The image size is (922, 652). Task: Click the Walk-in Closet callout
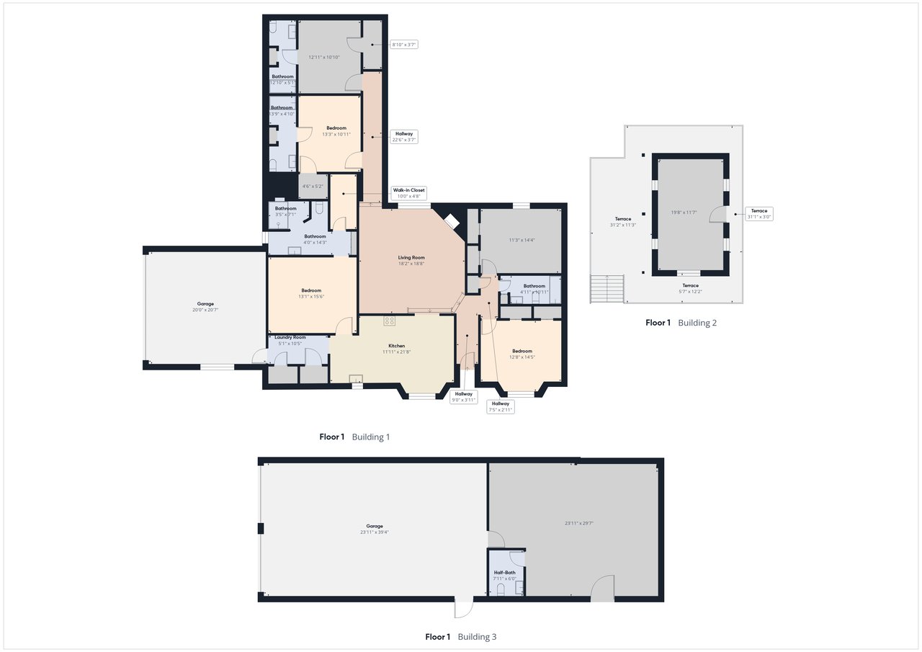[x=408, y=193]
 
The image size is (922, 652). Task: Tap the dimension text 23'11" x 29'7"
[x=579, y=524]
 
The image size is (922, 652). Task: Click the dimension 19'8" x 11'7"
[x=684, y=213]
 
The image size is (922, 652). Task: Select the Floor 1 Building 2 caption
[x=681, y=323]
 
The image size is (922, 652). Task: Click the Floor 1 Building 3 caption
[x=460, y=637]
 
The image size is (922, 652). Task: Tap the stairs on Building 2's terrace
[x=606, y=289]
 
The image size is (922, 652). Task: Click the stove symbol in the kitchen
[x=389, y=321]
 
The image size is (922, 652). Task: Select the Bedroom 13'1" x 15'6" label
[x=311, y=293]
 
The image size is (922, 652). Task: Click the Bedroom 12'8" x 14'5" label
[x=522, y=354]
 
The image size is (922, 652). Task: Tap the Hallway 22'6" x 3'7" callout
[x=403, y=137]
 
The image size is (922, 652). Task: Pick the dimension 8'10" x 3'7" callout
[x=403, y=45]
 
